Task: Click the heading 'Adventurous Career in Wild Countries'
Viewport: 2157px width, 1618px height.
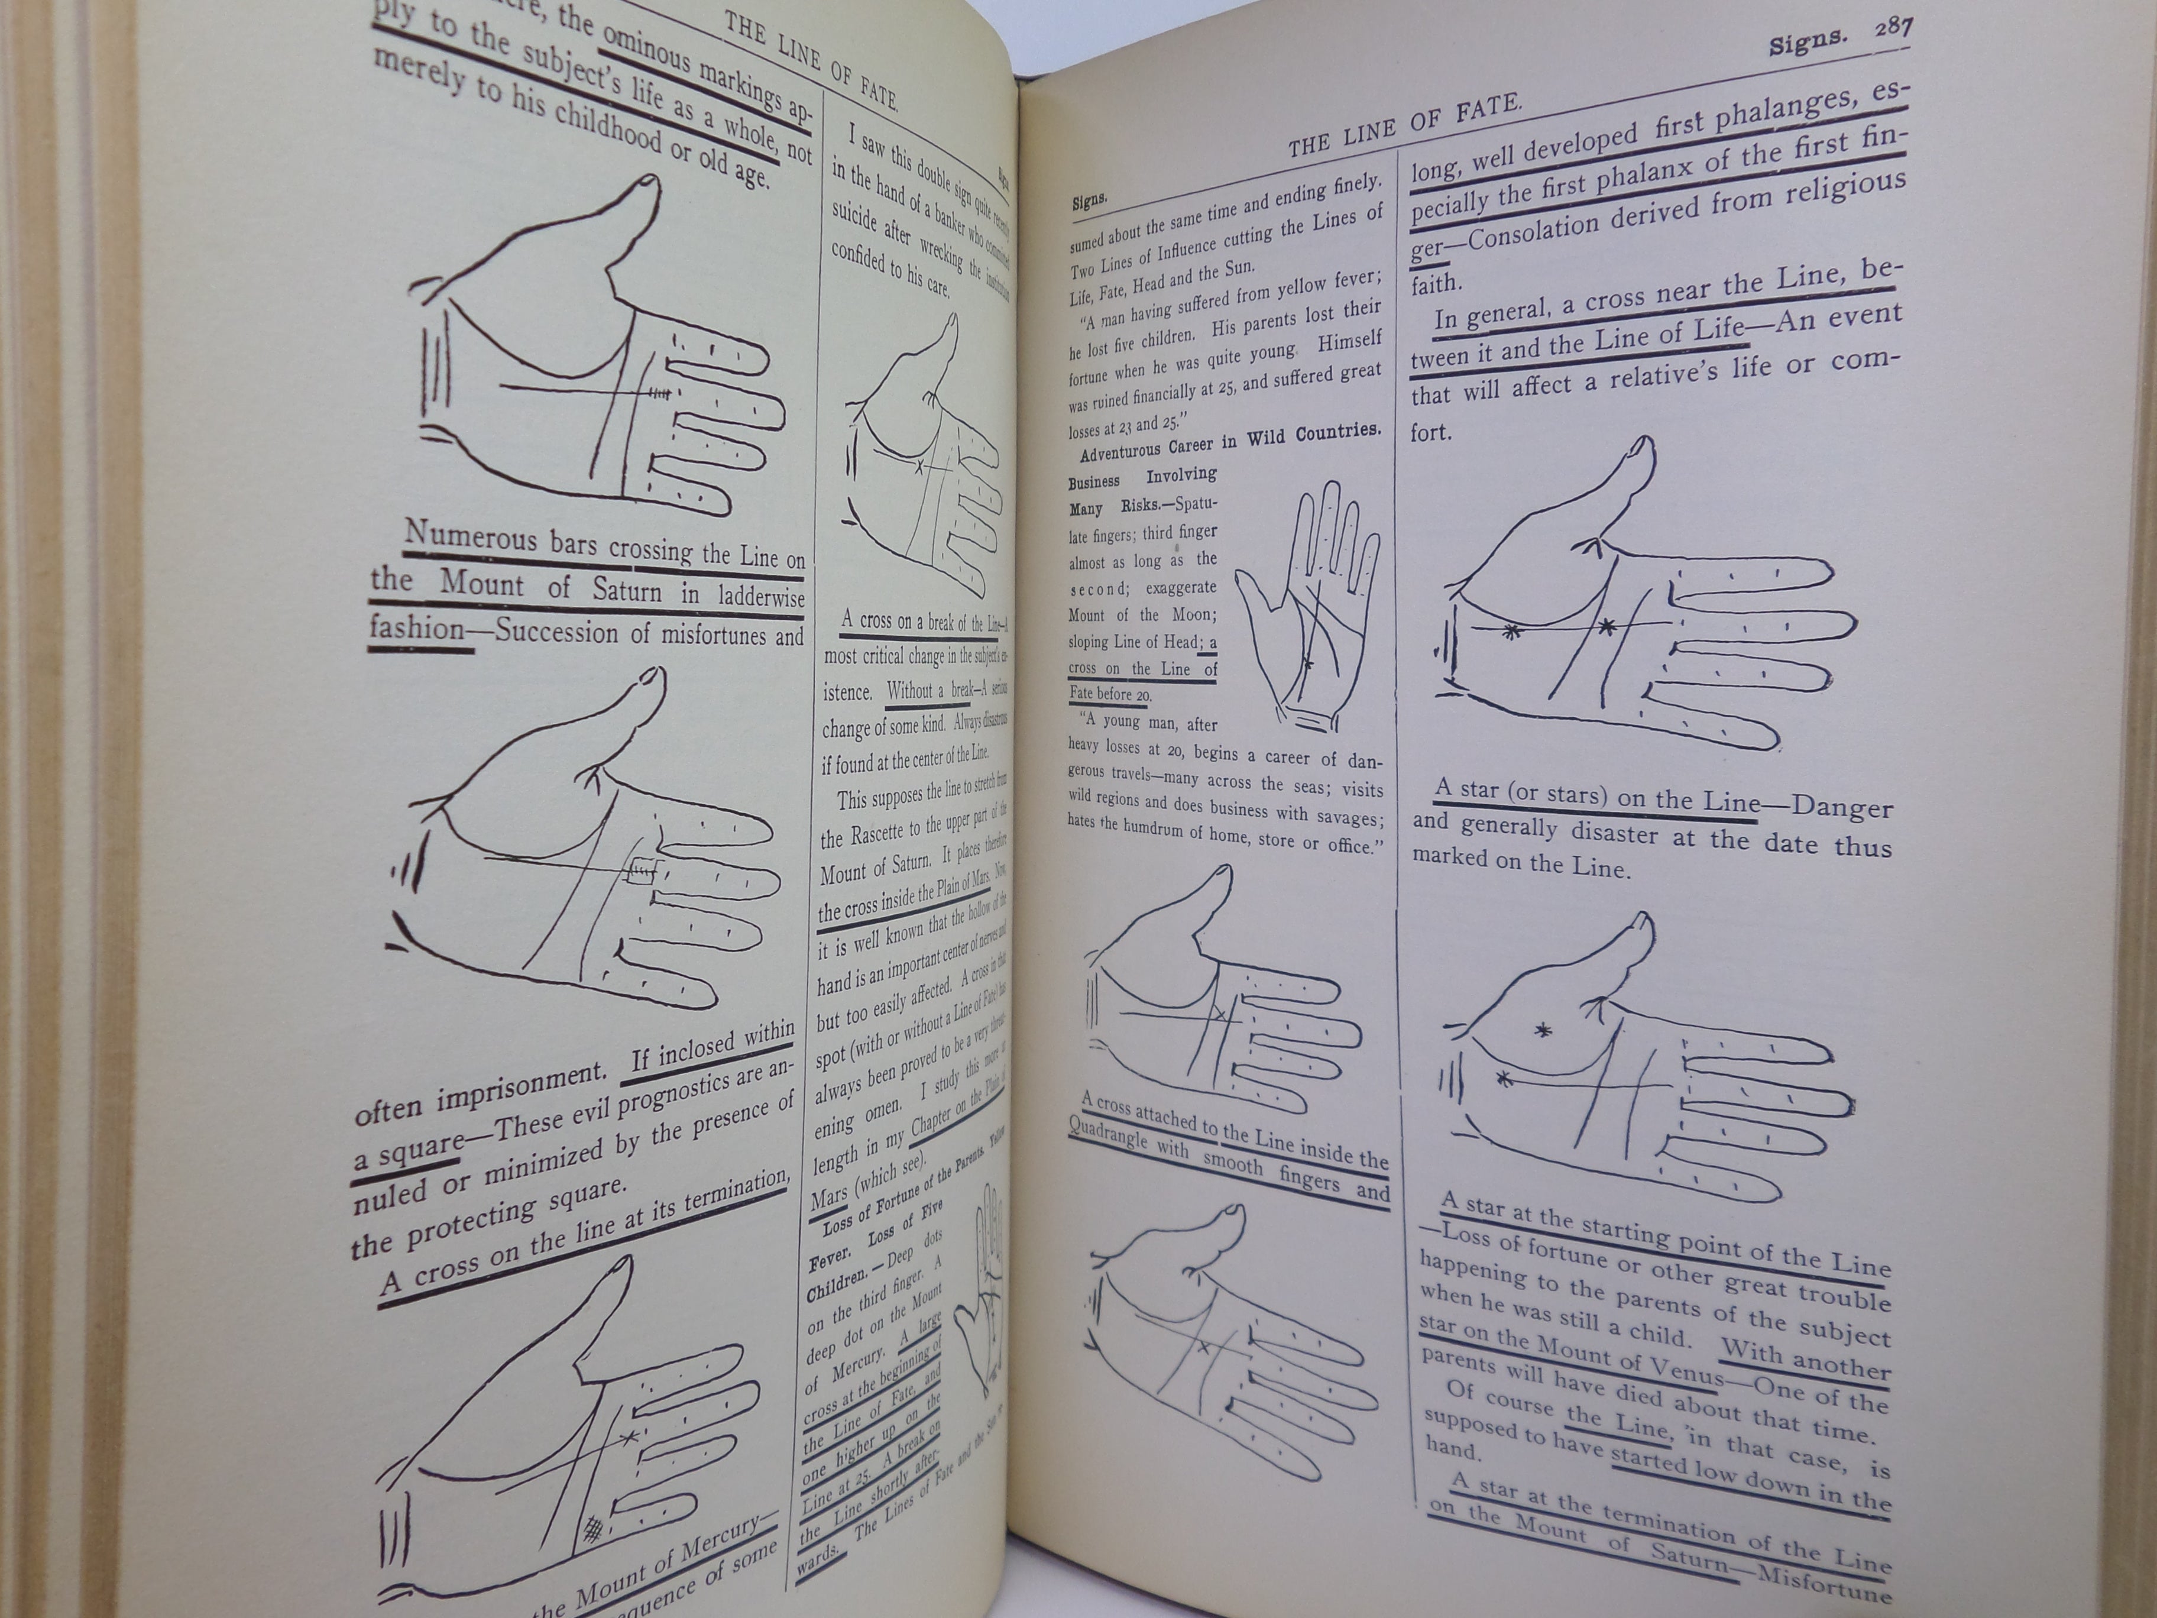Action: point(1230,441)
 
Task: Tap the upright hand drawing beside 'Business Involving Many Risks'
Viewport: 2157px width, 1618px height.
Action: point(1307,604)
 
